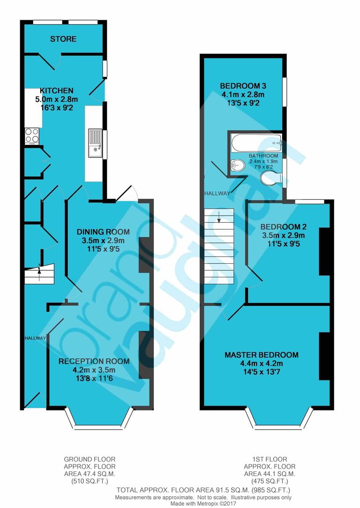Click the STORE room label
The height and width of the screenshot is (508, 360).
point(63,39)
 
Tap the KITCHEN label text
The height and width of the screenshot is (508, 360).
point(56,91)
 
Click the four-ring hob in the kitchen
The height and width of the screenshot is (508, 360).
point(32,136)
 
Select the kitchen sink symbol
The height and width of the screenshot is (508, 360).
point(94,144)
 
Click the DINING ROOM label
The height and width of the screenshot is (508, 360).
point(103,232)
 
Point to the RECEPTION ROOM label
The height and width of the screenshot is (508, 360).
point(94,361)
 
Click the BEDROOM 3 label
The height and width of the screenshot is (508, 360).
point(243,86)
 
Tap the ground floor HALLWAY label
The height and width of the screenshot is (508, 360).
point(35,338)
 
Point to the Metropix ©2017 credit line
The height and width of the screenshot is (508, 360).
point(203,503)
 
